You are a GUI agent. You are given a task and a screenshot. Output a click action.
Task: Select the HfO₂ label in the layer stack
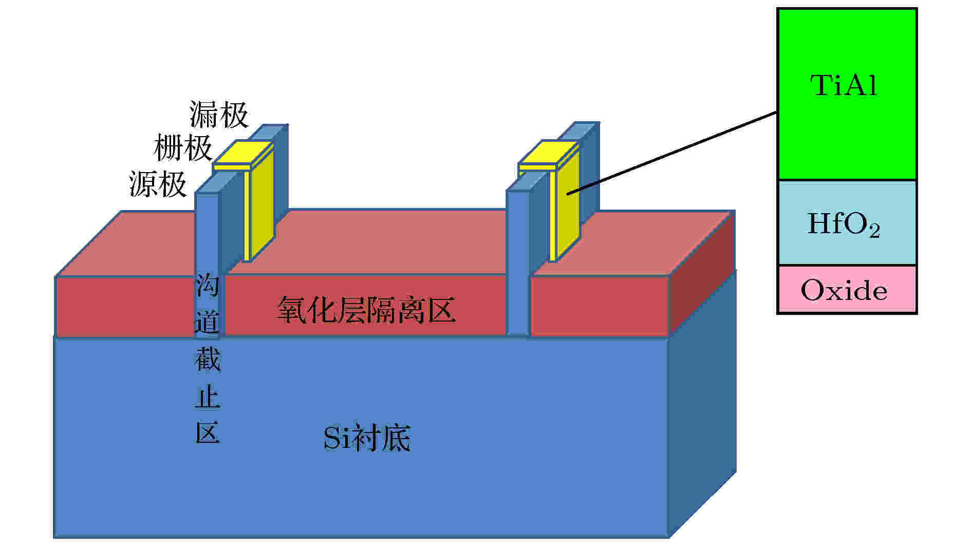[844, 225]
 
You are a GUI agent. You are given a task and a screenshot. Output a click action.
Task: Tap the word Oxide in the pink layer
[844, 290]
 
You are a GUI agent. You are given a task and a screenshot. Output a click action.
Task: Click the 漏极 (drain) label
[219, 114]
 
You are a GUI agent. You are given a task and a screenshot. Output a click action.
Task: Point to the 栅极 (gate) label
[183, 148]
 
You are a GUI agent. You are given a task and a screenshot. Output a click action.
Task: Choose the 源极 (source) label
[158, 184]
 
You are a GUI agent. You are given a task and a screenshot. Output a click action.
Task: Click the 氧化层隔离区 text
[366, 310]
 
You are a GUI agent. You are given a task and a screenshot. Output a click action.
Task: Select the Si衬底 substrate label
[367, 438]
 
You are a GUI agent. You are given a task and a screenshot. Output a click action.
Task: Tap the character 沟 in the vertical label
[208, 286]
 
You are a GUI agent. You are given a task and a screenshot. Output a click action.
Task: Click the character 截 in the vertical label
[208, 359]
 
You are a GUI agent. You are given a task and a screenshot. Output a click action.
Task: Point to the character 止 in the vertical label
[208, 397]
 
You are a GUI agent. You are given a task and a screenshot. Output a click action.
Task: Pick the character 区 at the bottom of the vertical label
[208, 433]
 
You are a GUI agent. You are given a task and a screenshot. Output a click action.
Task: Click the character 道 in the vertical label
[208, 322]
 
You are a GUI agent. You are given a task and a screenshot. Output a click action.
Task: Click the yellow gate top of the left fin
[244, 154]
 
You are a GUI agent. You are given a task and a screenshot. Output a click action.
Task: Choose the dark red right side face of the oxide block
[702, 275]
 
